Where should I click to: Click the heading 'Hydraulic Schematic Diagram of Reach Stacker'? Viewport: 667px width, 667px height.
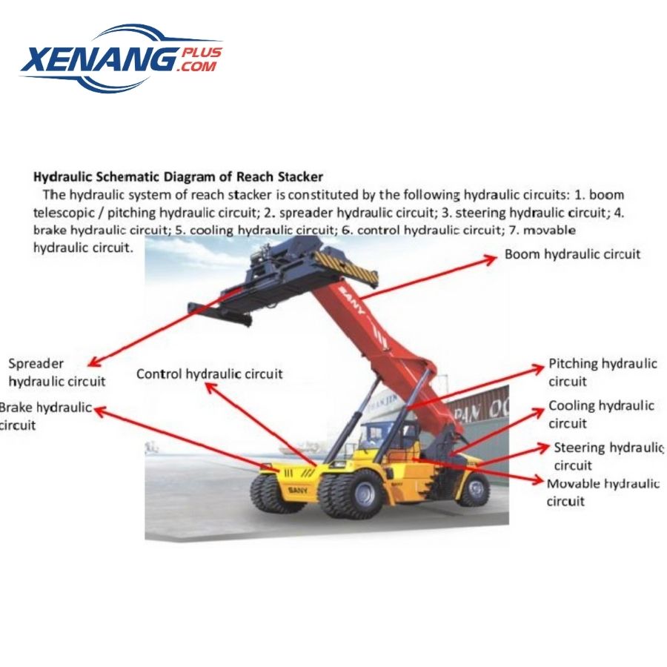[179, 176]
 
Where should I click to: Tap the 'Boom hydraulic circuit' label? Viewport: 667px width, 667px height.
[572, 254]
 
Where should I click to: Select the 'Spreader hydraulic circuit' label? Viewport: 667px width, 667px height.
[56, 373]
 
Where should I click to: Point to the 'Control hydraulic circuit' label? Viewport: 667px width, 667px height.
[209, 374]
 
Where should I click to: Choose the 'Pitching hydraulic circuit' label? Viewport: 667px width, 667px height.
[602, 372]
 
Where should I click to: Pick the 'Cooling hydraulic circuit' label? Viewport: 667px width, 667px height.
[600, 414]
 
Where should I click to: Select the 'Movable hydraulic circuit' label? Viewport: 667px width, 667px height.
[603, 492]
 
